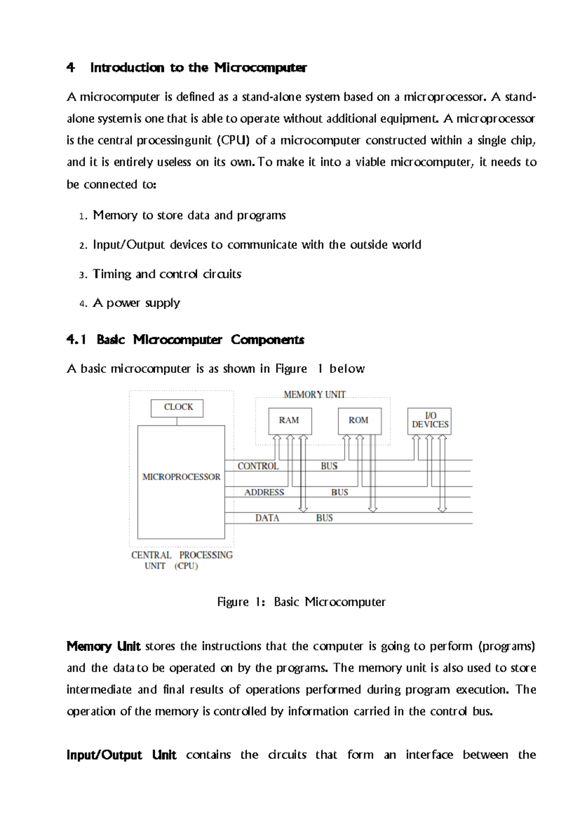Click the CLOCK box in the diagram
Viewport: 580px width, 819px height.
pyautogui.click(x=177, y=408)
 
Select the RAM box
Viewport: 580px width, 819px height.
pyautogui.click(x=290, y=421)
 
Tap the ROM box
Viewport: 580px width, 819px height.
pyautogui.click(x=359, y=421)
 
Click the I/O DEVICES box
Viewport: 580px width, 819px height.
pyautogui.click(x=430, y=421)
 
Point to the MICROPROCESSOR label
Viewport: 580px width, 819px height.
pyautogui.click(x=181, y=477)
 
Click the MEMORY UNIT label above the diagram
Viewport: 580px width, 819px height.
pyautogui.click(x=315, y=395)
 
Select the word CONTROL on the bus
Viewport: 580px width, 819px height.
pyautogui.click(x=258, y=466)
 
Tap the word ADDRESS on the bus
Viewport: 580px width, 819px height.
pyautogui.click(x=264, y=493)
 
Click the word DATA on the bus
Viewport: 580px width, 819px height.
pyautogui.click(x=267, y=518)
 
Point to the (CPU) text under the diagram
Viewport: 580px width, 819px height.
pyautogui.click(x=186, y=566)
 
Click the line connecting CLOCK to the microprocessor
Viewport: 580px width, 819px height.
pyautogui.click(x=177, y=421)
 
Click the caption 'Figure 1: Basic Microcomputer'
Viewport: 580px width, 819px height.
pyautogui.click(x=301, y=602)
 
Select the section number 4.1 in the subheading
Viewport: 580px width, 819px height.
pyautogui.click(x=76, y=340)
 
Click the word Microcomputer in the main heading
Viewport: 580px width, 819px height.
pyautogui.click(x=261, y=68)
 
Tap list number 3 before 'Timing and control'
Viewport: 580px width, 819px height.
pyautogui.click(x=82, y=275)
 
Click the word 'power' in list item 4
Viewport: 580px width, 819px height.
pyautogui.click(x=123, y=303)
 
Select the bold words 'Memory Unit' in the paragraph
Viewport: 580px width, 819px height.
pyautogui.click(x=103, y=646)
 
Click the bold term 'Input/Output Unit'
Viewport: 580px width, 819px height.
pyautogui.click(x=121, y=755)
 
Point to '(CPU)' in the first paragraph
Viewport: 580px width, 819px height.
pyautogui.click(x=233, y=141)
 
